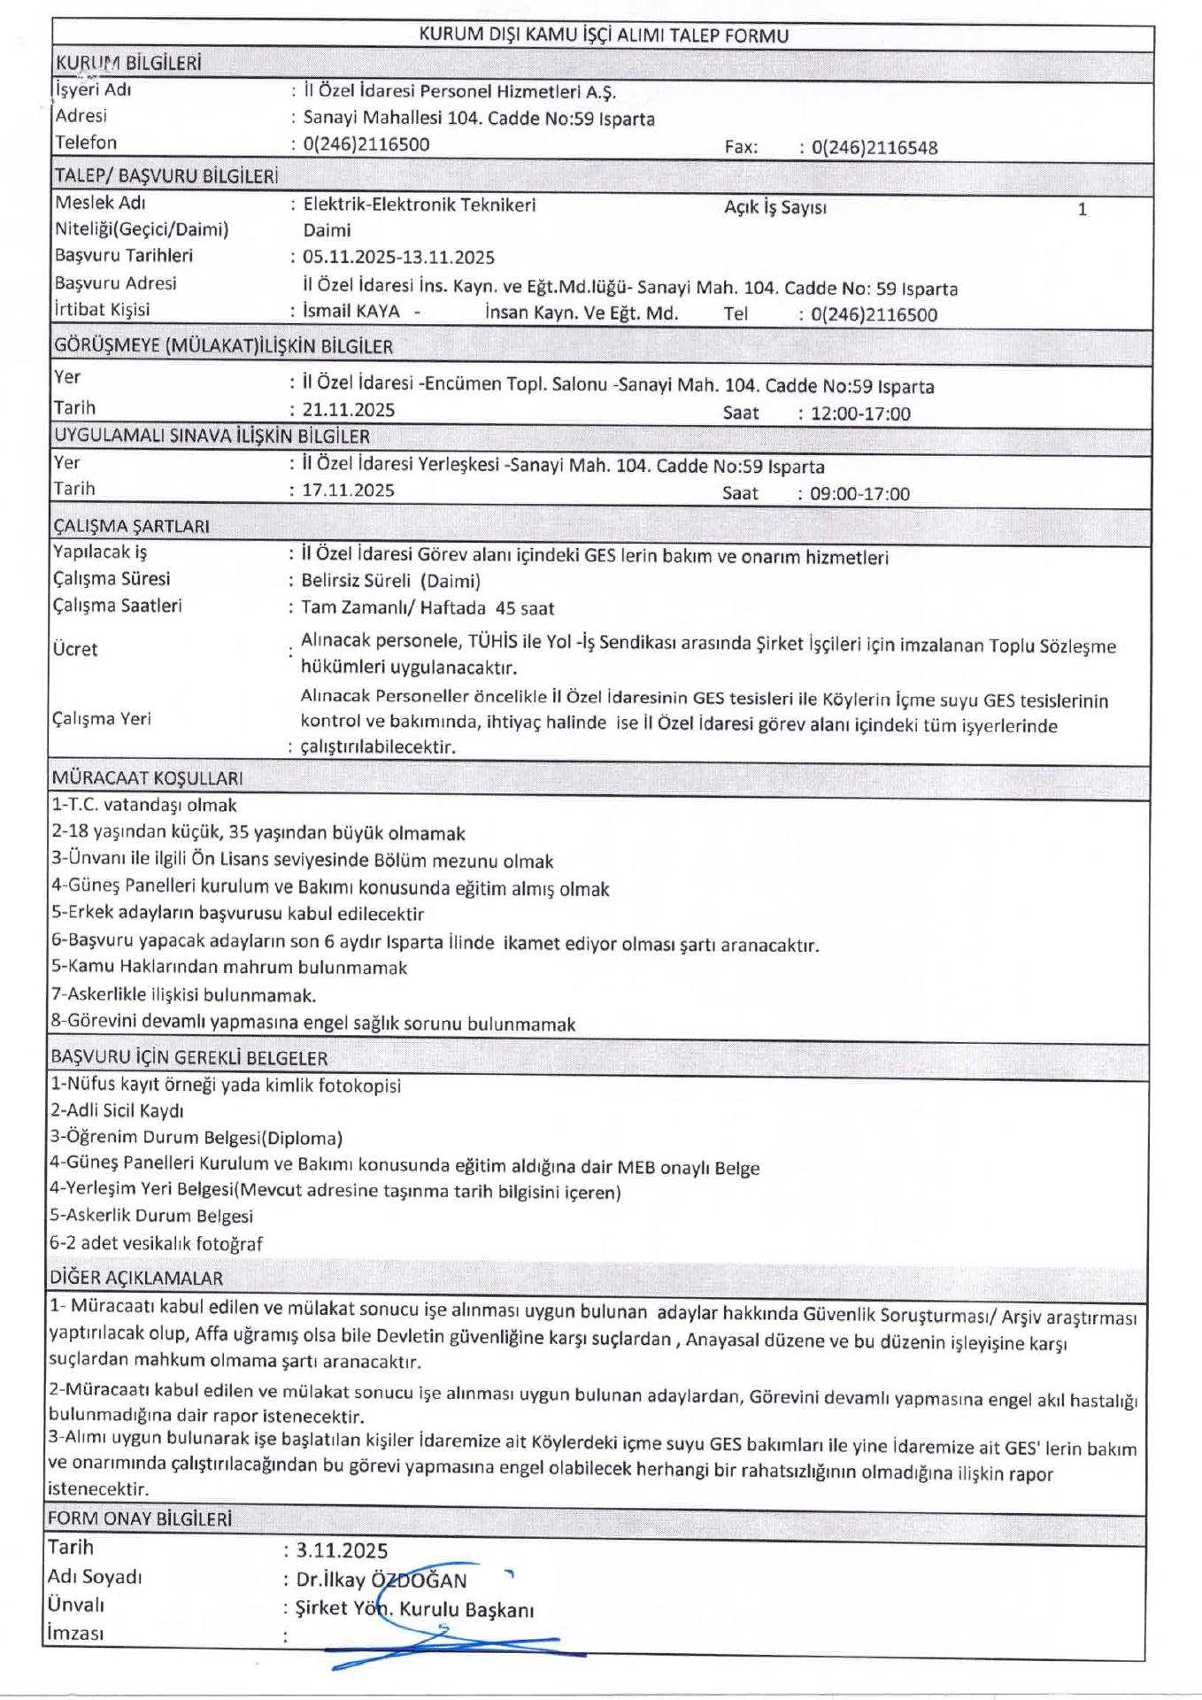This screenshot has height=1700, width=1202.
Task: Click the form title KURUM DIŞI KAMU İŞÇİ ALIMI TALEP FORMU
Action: [603, 35]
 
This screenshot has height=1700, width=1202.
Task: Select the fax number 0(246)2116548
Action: [874, 148]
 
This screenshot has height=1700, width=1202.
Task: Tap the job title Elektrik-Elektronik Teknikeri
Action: [419, 205]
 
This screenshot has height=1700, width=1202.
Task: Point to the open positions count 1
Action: [1082, 210]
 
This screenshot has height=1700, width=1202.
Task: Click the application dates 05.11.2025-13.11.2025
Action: [398, 258]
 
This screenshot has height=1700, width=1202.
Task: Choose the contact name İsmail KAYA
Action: [351, 312]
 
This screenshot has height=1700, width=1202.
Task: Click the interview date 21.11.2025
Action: [348, 410]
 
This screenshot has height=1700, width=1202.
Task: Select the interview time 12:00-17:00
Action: [859, 413]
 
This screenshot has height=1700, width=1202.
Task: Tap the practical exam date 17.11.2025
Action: [348, 491]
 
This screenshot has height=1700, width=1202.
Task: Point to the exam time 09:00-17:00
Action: [859, 494]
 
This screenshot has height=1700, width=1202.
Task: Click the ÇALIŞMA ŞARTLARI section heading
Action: [131, 526]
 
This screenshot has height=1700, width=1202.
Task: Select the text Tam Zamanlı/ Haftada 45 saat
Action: [428, 608]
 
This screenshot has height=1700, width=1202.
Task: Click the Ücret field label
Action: [74, 649]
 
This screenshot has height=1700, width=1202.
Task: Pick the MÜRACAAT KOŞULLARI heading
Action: [147, 778]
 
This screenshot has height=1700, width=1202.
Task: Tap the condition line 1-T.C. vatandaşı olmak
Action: [144, 806]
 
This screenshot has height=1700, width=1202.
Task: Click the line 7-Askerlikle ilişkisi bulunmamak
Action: [183, 995]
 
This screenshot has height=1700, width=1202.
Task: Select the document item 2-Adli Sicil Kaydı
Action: [117, 1110]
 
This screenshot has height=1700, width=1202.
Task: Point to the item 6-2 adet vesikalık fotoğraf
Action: [156, 1243]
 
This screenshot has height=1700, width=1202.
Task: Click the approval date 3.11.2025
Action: [342, 1550]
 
